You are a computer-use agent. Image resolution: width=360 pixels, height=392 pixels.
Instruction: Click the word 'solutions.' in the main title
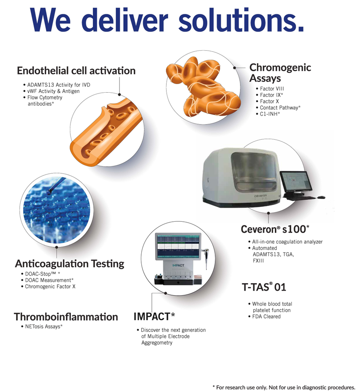241,20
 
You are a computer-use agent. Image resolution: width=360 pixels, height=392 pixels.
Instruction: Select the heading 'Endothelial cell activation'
76,71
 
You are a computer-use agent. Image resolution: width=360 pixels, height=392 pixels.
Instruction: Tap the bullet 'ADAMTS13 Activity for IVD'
59,85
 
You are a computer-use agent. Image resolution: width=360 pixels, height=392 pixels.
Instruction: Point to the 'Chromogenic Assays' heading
280,73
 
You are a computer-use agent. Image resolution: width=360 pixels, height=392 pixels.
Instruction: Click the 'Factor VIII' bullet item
272,89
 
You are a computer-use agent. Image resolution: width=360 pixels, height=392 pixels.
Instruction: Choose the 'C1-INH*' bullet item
270,114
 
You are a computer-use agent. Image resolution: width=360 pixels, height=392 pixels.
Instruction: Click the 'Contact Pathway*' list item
280,108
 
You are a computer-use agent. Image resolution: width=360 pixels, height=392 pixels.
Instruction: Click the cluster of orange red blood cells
204,87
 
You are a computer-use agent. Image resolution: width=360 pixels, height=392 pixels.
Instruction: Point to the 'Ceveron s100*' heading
275,229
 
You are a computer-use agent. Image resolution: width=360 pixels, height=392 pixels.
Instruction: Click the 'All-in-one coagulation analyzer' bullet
287,242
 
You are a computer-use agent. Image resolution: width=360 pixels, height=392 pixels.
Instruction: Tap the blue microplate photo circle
56,210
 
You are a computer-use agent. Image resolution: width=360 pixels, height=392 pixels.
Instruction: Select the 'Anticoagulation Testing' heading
69,264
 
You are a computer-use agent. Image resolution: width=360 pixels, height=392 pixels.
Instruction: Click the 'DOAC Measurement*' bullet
49,280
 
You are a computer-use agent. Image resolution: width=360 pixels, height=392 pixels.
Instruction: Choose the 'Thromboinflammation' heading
66,317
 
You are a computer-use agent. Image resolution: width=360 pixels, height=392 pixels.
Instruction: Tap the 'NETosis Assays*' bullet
43,327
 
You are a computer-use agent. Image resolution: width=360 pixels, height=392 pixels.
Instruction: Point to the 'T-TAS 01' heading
264,287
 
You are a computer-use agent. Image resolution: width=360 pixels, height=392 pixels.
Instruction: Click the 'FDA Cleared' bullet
266,316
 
